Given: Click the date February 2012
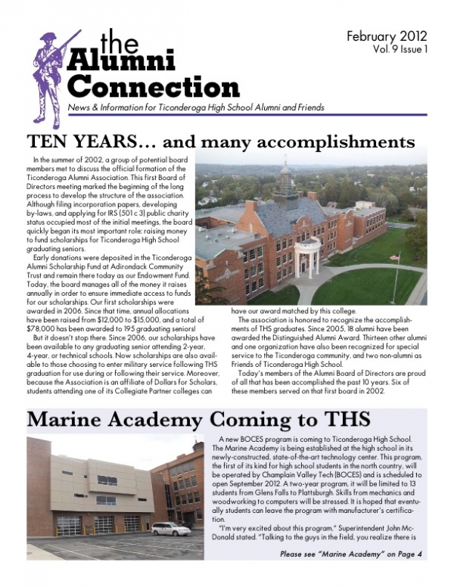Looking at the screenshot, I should point(387,36).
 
